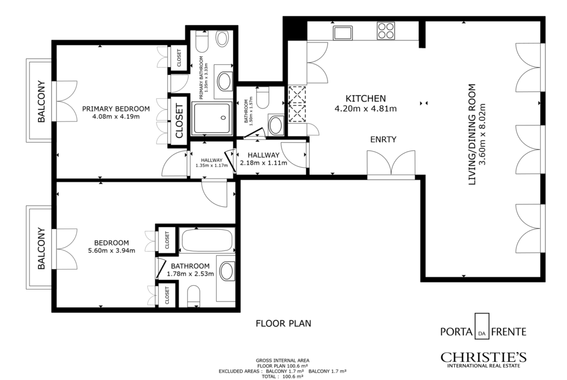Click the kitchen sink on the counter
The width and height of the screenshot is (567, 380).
(x=343, y=32)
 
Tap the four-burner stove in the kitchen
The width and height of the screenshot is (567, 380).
(x=385, y=30)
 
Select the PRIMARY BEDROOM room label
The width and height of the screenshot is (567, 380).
(x=116, y=109)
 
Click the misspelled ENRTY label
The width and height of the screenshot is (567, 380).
(x=383, y=139)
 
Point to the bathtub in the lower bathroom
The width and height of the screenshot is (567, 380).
(x=207, y=240)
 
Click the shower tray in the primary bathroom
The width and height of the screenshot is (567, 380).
(x=212, y=118)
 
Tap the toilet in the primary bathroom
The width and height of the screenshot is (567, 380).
(x=202, y=41)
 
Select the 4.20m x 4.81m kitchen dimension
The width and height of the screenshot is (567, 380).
(x=365, y=108)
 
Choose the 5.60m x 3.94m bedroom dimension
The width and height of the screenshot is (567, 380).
(x=112, y=250)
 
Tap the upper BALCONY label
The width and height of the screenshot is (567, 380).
(x=42, y=102)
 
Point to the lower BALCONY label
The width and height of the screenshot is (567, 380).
(x=41, y=248)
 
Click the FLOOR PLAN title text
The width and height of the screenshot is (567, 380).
(x=283, y=323)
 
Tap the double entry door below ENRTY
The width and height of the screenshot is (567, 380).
(x=391, y=165)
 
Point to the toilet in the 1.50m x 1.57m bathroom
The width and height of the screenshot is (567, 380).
(x=263, y=97)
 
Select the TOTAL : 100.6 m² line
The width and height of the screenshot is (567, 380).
(x=283, y=377)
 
